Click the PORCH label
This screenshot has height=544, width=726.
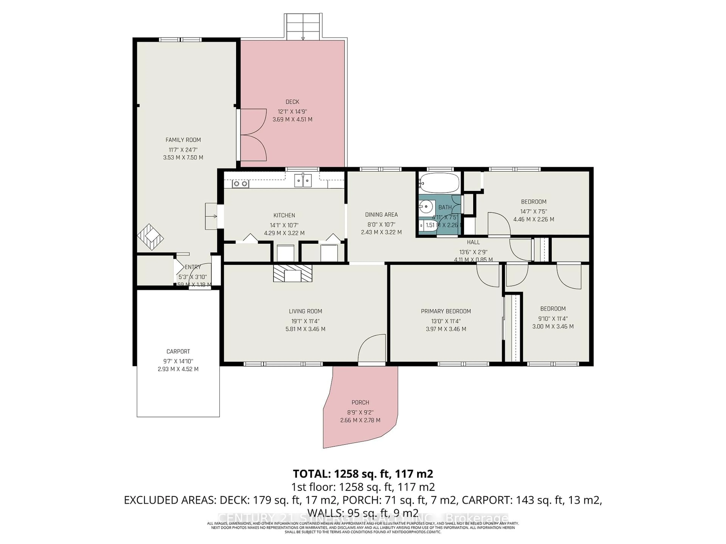coord(360,402)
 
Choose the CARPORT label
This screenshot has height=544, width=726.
coord(178,352)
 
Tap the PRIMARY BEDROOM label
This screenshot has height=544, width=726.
coord(446,311)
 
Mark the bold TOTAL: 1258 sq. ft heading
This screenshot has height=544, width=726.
coord(363,474)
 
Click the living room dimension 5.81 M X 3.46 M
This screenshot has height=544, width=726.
coord(305,329)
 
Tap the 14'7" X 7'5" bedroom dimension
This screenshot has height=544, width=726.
coord(533,212)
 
